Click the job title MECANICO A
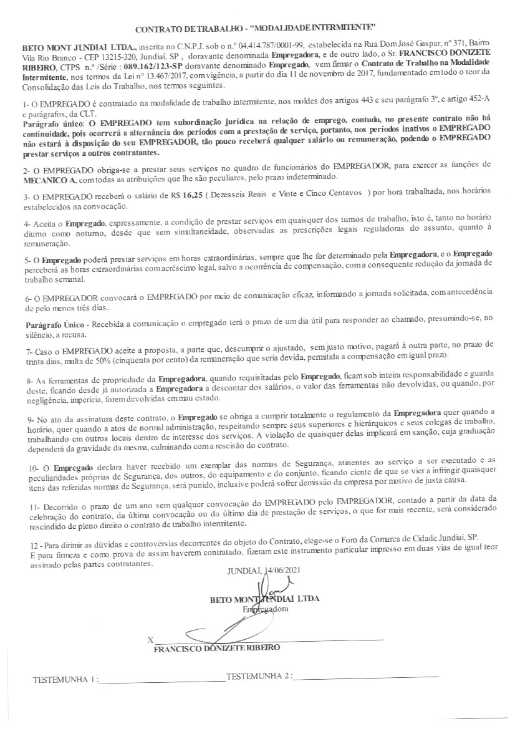[48, 180]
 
